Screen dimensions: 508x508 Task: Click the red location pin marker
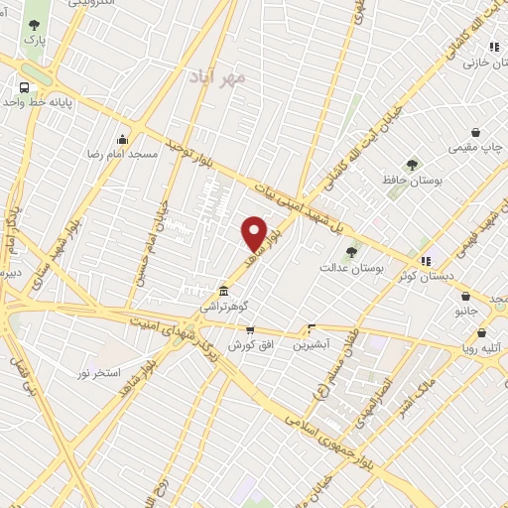255,233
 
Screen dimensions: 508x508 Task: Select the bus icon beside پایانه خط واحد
24,85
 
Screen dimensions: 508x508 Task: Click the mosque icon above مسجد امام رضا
122,138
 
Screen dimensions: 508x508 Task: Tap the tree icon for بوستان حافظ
412,165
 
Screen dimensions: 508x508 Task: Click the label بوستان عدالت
346,267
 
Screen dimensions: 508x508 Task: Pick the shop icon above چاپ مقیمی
475,133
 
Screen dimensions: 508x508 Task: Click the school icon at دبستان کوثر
427,261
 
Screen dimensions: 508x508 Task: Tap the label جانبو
466,311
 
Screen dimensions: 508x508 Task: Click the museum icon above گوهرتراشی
224,292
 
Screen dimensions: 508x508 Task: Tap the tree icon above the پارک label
35,25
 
